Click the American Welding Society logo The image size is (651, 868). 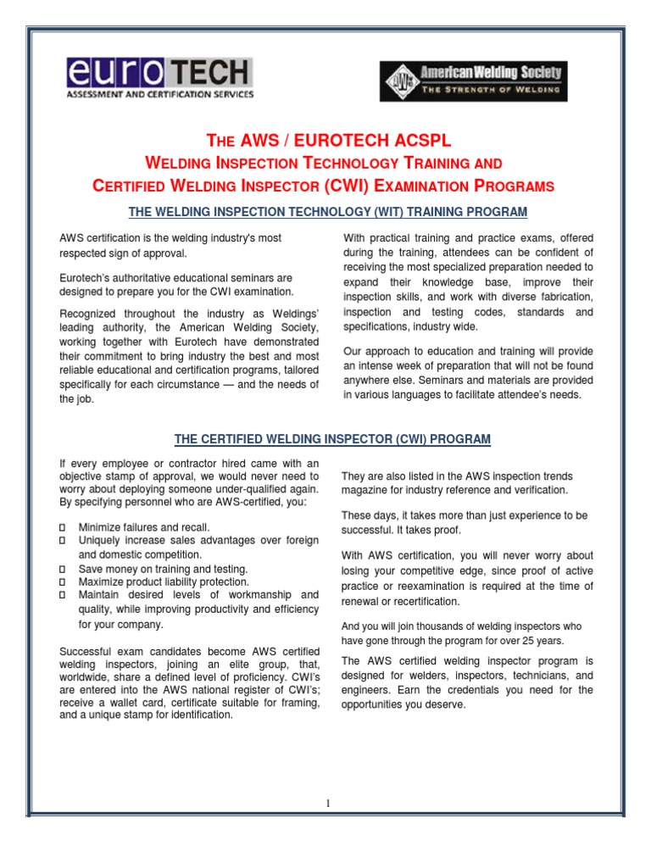pos(473,81)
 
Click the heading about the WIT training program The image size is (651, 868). pos(325,211)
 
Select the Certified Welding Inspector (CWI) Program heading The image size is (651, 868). pos(332,439)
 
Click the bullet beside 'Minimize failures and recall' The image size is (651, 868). pos(64,527)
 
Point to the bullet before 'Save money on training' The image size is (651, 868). pos(64,569)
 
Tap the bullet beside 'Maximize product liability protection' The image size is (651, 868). pos(64,582)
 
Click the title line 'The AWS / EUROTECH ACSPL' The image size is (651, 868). pos(325,140)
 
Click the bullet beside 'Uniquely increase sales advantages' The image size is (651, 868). pos(64,541)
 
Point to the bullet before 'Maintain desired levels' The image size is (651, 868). pos(64,596)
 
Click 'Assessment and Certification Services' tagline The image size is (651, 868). pos(159,95)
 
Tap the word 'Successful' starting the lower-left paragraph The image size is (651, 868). pos(86,650)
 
